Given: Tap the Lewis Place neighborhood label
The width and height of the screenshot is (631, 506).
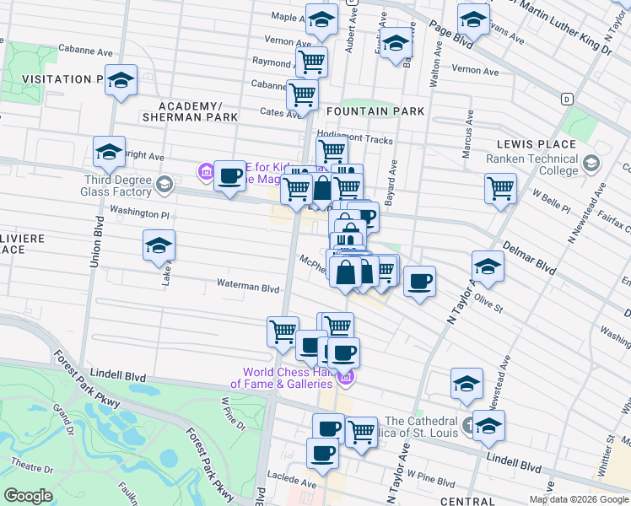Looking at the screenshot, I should click(x=536, y=144).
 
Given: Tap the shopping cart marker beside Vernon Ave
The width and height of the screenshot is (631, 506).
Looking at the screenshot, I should click(x=311, y=61).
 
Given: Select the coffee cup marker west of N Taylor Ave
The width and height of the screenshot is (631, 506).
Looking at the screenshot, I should click(x=419, y=282).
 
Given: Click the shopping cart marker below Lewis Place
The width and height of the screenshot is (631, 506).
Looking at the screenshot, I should click(x=500, y=187).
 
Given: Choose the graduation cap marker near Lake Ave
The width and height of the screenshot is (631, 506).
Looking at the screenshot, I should click(x=159, y=246).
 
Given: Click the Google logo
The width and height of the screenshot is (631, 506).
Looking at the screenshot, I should click(x=29, y=495).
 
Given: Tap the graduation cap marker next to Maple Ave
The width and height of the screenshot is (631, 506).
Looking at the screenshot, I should click(x=321, y=19).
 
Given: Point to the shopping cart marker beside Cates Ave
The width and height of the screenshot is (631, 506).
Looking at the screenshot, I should click(x=302, y=94).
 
